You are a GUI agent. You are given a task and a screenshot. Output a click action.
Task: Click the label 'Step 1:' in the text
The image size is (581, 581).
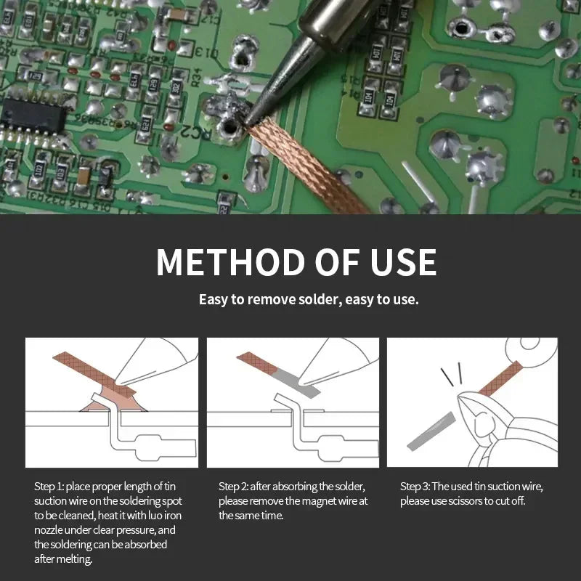click(x=49, y=486)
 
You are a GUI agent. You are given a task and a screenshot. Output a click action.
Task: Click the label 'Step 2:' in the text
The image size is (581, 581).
click(x=233, y=486)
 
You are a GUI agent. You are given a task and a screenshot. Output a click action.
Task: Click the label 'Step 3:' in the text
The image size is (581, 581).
click(x=415, y=486)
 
